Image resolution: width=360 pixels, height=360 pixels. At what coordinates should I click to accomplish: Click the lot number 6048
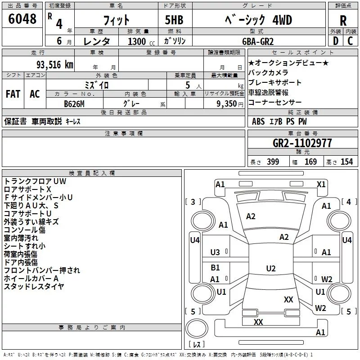[22, 19]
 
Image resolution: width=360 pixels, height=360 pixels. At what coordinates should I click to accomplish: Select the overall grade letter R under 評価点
[343, 21]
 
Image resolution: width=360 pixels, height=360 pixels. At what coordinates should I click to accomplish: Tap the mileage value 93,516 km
[55, 65]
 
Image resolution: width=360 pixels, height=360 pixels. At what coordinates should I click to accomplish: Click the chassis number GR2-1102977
[302, 143]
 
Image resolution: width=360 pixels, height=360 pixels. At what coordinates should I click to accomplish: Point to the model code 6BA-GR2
[258, 41]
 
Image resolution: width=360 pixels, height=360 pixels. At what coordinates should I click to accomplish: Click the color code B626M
[74, 104]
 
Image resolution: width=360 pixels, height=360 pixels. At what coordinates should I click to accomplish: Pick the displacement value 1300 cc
[141, 41]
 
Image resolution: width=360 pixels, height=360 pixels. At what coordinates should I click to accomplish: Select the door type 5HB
[174, 20]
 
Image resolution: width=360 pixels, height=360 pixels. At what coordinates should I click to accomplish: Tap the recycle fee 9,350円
[230, 104]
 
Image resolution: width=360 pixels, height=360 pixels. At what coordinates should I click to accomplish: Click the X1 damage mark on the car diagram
[321, 184]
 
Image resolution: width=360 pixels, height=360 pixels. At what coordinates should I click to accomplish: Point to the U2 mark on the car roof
[271, 268]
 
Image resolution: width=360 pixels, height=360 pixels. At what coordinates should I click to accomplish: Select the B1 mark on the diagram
[215, 267]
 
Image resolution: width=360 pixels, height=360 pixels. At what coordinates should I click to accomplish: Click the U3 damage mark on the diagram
[215, 252]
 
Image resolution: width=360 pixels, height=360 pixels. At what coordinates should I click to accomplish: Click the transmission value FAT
[13, 94]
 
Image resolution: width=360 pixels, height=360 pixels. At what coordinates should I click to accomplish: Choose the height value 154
[346, 162]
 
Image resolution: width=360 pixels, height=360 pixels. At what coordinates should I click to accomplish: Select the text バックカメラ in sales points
[268, 72]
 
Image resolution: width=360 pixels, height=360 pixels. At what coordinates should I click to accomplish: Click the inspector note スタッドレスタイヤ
[34, 287]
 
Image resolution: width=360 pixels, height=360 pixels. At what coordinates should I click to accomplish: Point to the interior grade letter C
[350, 41]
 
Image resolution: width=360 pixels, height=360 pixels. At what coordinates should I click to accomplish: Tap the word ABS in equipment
[258, 121]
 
